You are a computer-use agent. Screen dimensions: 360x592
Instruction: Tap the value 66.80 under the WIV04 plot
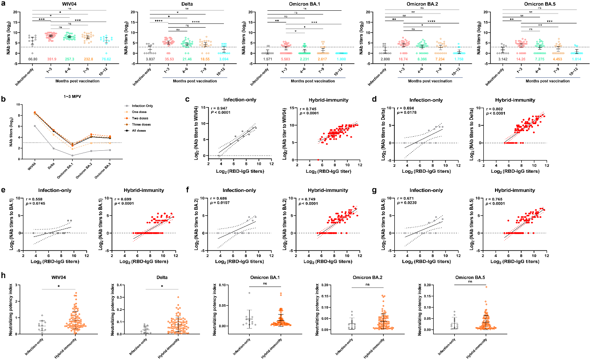[x=32, y=59]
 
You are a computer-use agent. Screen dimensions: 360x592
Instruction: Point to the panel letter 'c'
[x=187, y=99]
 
